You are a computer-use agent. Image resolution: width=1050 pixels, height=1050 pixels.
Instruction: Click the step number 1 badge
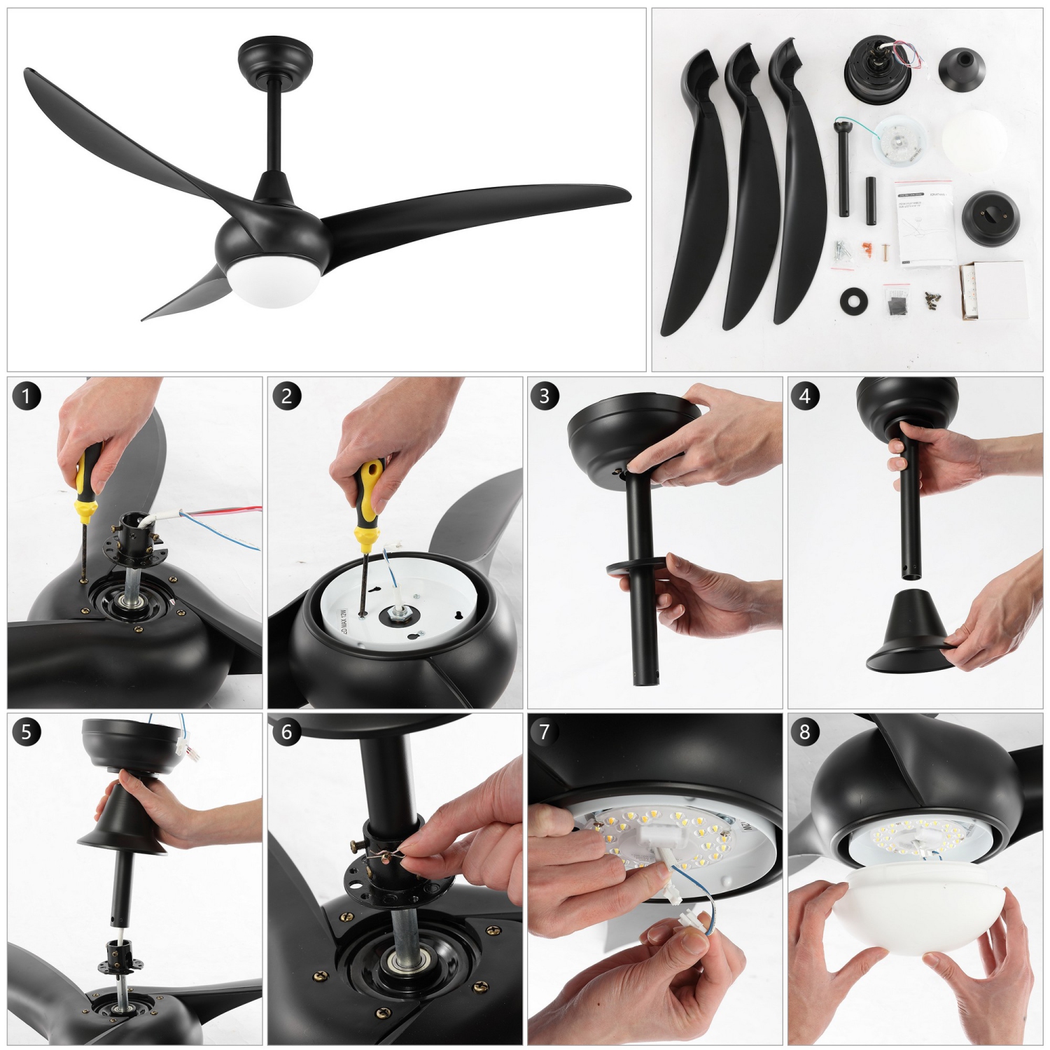tap(26, 396)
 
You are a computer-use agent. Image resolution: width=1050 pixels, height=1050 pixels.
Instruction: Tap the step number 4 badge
tap(804, 396)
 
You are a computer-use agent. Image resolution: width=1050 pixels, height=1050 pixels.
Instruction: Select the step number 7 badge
tap(544, 732)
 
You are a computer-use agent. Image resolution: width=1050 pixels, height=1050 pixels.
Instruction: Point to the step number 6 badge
tap(286, 732)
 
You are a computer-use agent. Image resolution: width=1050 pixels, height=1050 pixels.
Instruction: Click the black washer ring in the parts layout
tap(854, 301)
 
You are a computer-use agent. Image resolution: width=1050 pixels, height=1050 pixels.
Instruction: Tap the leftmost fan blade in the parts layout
tap(693, 203)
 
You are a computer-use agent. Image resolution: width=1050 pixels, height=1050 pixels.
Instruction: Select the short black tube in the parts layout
tap(871, 201)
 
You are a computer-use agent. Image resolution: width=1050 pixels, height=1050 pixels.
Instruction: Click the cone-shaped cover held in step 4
tap(910, 633)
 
